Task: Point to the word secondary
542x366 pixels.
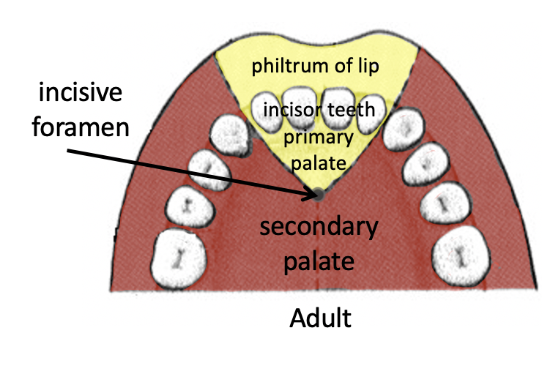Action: (320, 228)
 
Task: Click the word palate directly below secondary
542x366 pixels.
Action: (320, 259)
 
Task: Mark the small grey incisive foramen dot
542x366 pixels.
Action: (319, 194)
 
